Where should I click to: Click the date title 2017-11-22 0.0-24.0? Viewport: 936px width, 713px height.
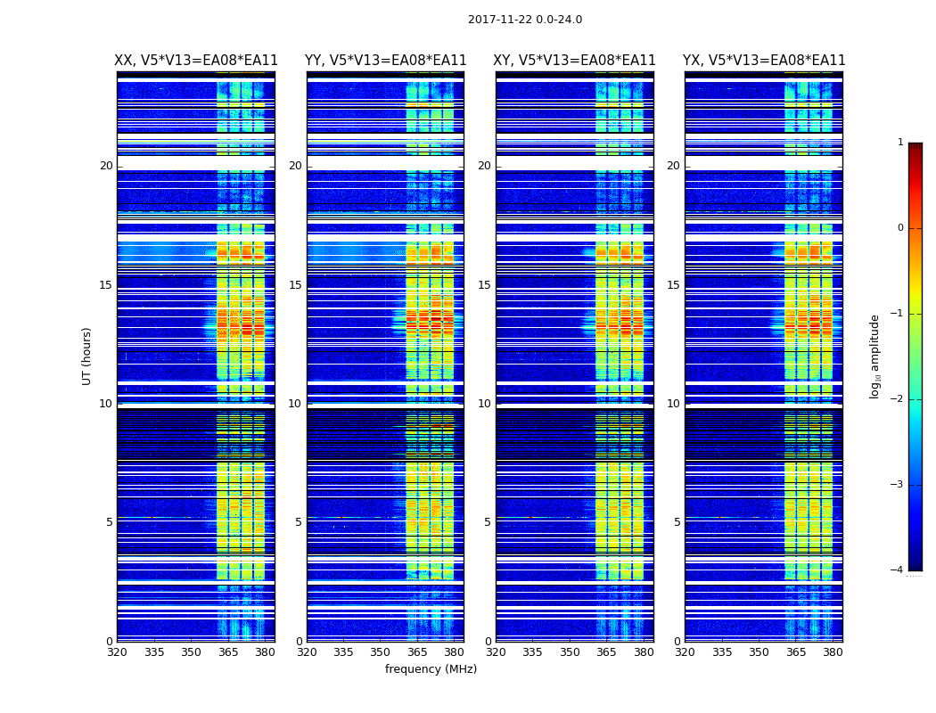524,20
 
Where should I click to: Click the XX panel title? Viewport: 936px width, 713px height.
196,61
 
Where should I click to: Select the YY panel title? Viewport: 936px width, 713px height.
385,61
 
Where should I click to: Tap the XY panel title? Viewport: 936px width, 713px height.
575,61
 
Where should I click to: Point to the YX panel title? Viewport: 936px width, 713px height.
764,61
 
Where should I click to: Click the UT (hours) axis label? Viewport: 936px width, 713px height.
87,356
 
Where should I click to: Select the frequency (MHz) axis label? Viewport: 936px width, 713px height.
431,669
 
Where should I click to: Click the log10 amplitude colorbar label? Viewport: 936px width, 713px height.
875,356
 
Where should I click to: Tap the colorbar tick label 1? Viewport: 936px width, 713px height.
899,143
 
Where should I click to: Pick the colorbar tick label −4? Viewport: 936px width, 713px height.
898,570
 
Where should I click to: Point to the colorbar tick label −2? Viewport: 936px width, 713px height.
898,399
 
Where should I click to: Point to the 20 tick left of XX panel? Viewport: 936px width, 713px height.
106,166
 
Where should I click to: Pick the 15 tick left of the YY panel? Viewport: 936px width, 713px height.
295,285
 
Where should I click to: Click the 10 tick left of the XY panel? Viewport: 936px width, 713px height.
484,404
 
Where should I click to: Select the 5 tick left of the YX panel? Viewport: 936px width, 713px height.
677,522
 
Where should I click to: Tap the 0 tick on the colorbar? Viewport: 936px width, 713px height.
899,228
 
